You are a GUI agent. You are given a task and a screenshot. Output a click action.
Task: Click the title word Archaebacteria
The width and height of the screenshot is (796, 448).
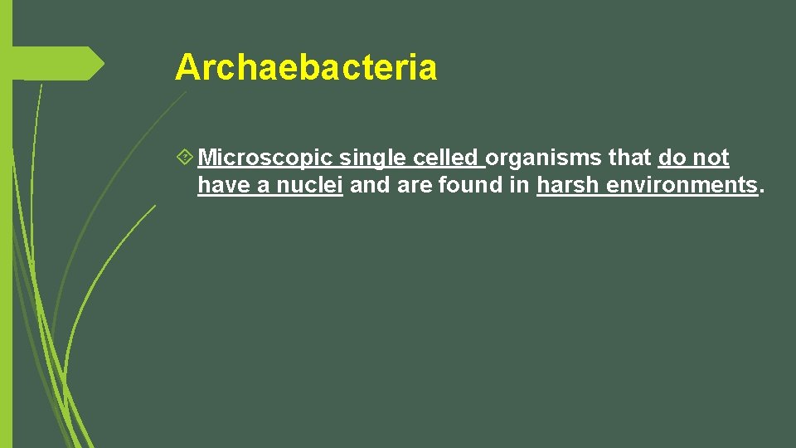305,67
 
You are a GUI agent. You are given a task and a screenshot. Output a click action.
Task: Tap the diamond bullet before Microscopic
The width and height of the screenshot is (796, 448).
184,157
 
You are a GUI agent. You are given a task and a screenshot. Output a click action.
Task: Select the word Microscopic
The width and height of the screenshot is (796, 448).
265,158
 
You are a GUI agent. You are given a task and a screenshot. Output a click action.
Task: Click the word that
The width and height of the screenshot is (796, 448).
630,158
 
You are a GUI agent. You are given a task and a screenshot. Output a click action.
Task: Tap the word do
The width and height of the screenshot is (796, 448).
672,158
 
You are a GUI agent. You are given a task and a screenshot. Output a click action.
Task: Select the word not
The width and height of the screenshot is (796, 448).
711,158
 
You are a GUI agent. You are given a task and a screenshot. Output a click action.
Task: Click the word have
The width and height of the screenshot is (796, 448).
224,185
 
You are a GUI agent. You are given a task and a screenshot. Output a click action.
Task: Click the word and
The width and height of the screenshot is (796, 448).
370,185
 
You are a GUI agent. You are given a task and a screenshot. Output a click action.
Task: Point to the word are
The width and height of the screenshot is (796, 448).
415,185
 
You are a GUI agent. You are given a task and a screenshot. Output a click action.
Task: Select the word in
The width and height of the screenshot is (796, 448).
520,185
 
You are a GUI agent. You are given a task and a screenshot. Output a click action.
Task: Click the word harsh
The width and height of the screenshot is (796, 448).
569,185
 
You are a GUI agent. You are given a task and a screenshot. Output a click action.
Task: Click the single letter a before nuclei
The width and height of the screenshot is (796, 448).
263,186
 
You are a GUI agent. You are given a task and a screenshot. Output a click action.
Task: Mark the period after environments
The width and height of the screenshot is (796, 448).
761,191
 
